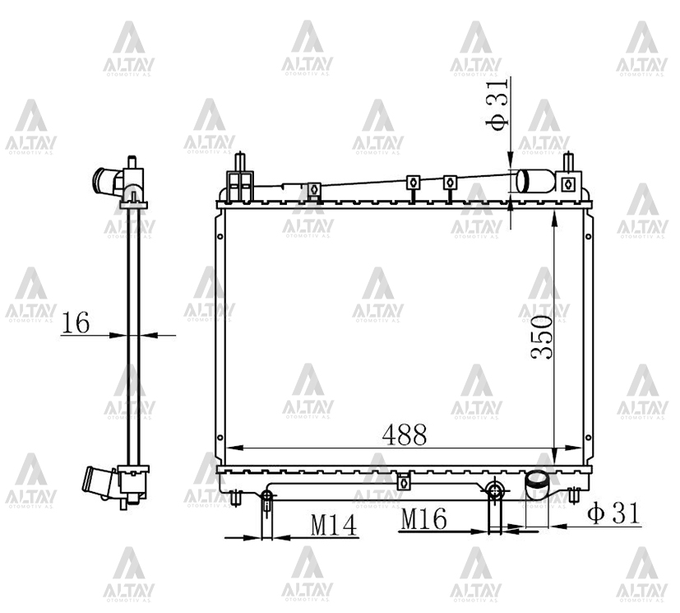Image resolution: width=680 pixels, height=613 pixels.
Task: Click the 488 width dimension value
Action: pos(405,434)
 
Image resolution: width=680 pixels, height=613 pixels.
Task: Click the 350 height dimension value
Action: pos(542,337)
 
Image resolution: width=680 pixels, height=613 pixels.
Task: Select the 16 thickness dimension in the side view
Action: pos(76,323)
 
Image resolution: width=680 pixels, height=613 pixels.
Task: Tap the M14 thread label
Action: pos(334,525)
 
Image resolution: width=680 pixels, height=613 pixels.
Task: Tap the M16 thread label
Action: pos(423,519)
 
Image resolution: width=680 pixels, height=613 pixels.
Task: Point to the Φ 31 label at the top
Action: pos(497,104)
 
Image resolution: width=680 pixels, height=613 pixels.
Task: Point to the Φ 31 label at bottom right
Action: pos(613,513)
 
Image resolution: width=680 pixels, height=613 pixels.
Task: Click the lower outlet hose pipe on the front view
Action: pos(538,488)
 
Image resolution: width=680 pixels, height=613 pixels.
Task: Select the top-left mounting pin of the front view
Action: pos(240,163)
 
